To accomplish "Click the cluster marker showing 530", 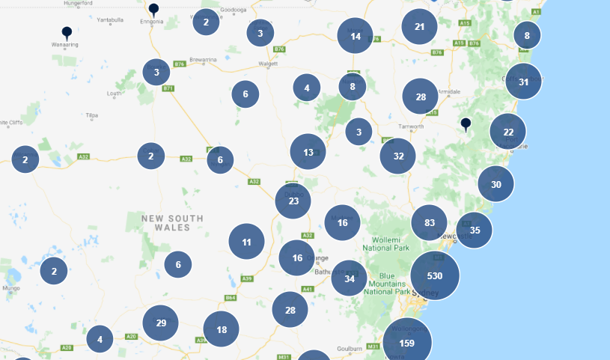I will click(x=435, y=275).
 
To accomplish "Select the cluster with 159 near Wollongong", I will click(x=407, y=343).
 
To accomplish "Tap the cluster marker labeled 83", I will click(x=429, y=223).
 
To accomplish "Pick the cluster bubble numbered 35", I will click(x=474, y=231).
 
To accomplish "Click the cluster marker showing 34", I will click(x=349, y=278).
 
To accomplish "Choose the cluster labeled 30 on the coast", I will click(x=495, y=184).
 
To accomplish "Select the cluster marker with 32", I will click(x=397, y=156).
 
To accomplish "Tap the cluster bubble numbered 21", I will click(x=419, y=27).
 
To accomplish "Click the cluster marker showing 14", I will click(x=355, y=36).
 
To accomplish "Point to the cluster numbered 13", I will click(x=308, y=152).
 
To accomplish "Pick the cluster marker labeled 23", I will click(x=293, y=201).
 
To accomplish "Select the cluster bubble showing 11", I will click(x=246, y=242).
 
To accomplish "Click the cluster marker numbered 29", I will click(x=160, y=323).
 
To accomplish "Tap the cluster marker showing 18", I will click(x=221, y=329).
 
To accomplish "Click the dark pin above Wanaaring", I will click(x=67, y=32).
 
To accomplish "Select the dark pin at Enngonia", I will click(x=153, y=9).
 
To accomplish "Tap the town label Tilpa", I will click(x=92, y=115).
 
